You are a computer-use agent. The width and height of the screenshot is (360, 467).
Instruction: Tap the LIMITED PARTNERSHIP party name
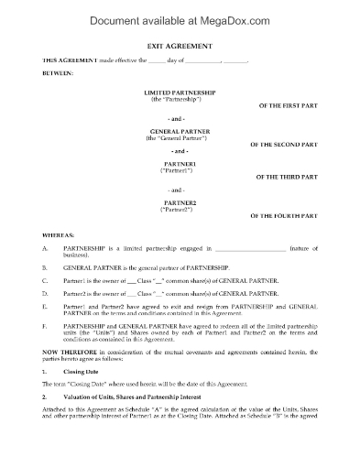click(x=180, y=92)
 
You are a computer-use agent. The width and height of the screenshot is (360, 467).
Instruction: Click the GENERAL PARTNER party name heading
click(x=180, y=131)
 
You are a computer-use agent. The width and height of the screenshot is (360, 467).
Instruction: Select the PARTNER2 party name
click(x=180, y=201)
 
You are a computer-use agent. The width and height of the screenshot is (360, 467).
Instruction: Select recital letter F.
click(x=46, y=322)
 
